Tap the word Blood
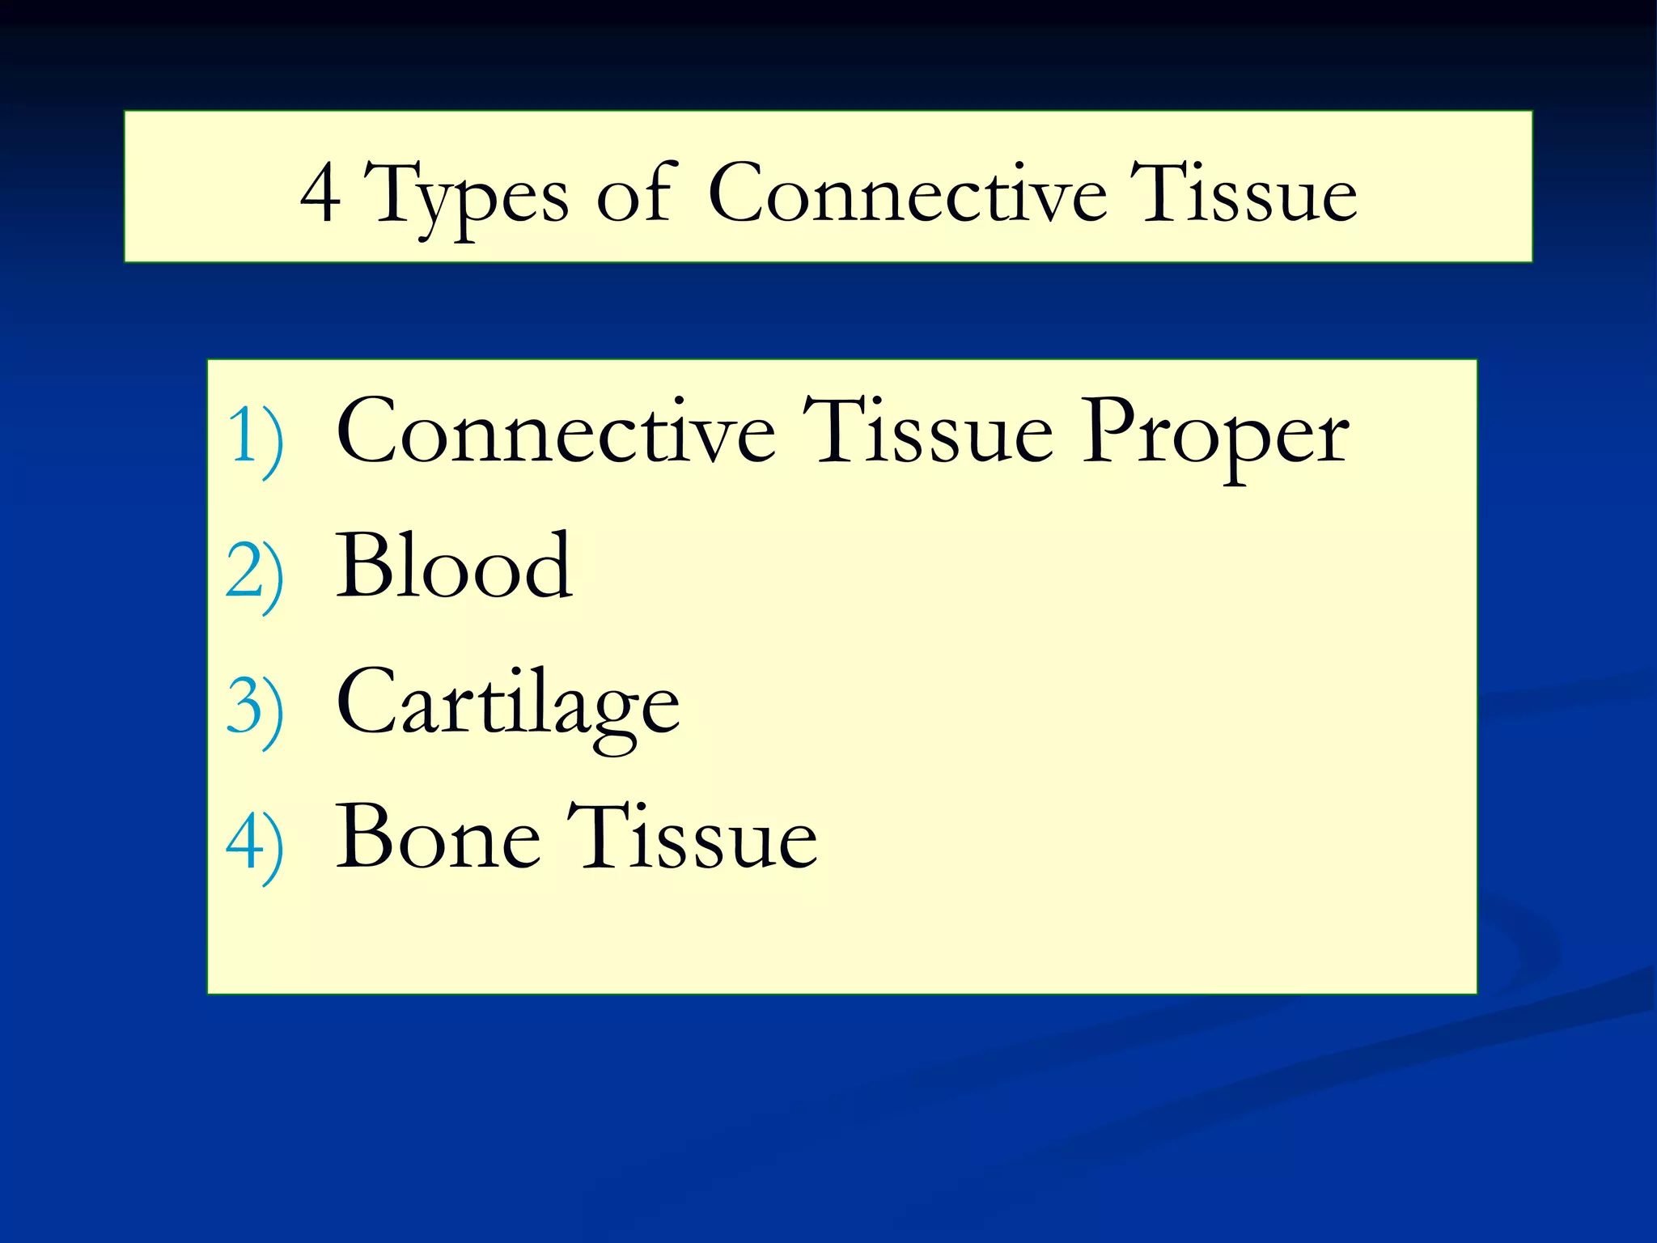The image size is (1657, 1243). pyautogui.click(x=454, y=566)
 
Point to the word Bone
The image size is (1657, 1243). pyautogui.click(x=438, y=838)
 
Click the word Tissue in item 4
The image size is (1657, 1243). pyautogui.click(x=692, y=838)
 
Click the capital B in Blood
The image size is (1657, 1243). pyautogui.click(x=363, y=566)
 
